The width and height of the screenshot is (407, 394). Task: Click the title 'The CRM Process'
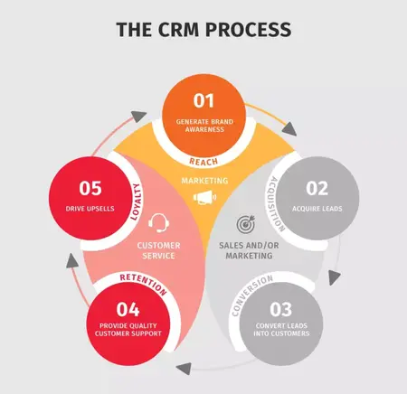pyautogui.click(x=203, y=30)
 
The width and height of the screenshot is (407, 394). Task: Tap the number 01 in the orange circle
pyautogui.click(x=204, y=101)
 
